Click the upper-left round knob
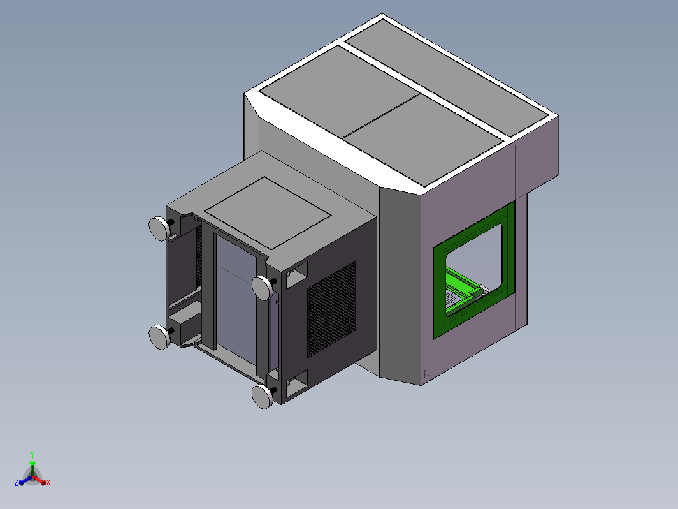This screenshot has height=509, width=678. point(159,228)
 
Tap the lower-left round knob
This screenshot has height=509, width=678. point(159,337)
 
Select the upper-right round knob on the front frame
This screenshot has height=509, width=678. point(262,288)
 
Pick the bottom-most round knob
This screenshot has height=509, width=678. point(262,397)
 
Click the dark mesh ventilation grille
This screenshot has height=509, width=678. point(332,309)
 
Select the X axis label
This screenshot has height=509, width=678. point(48,482)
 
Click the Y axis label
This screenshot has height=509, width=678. point(32,454)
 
